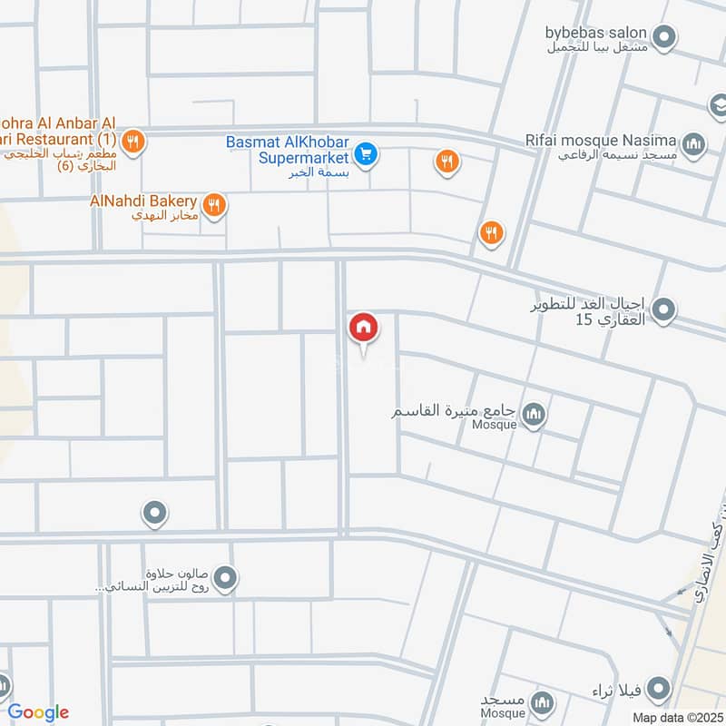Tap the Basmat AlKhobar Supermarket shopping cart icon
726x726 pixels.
pos(366,154)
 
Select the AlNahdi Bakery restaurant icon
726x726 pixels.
pos(214,205)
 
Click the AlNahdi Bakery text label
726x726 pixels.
pos(143,200)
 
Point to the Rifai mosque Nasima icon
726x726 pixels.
pos(694,143)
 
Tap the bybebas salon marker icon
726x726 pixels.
pos(665,37)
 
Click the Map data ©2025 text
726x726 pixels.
pos(676,717)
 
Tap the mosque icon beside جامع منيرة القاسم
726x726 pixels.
pos(535,415)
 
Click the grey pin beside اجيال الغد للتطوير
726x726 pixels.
pos(664,310)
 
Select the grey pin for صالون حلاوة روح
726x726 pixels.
pos(227,576)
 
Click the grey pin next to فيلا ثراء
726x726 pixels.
pos(660,687)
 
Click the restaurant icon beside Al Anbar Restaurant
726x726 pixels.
pos(132,141)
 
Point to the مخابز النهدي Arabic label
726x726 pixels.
pos(163,216)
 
